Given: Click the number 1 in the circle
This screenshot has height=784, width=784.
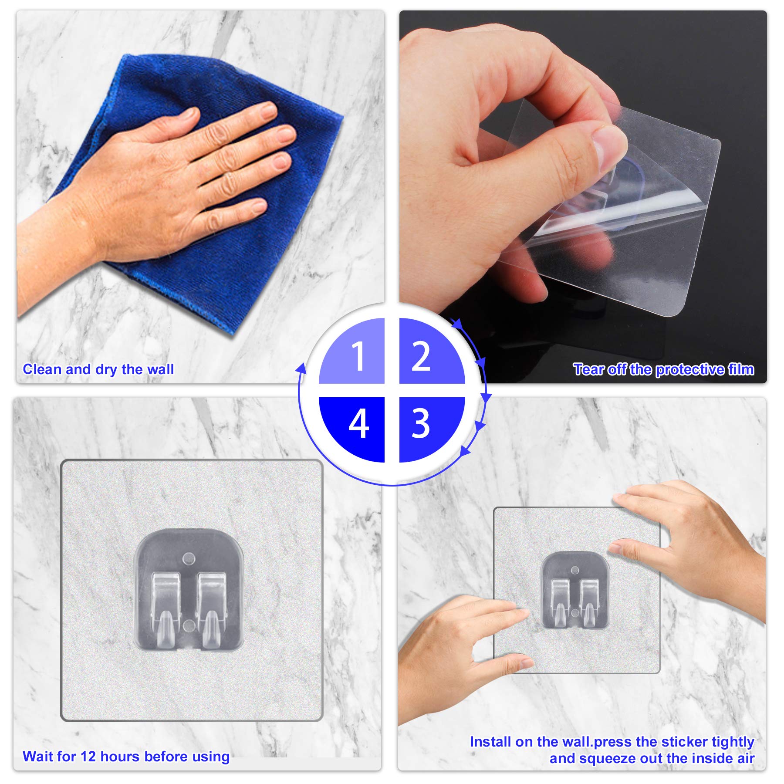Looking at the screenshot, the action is [x=358, y=356].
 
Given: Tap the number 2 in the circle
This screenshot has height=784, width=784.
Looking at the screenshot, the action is [x=421, y=356].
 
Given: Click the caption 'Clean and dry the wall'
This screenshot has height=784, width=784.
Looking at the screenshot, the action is [x=98, y=369].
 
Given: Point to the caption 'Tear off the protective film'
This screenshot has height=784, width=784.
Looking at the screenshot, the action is [x=663, y=369].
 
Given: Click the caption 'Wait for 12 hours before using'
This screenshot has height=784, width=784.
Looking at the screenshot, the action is [x=126, y=757].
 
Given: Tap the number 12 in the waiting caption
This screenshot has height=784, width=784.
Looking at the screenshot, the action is [x=88, y=756].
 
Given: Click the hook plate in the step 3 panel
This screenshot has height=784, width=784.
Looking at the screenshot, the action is [x=574, y=591].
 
